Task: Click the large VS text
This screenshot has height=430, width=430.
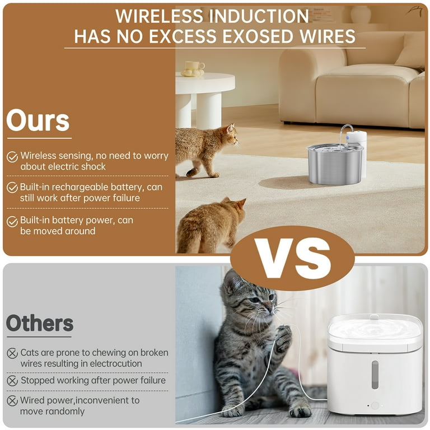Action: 293,259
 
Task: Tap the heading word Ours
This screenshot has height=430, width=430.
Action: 38,120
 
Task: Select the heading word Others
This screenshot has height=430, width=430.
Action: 40,323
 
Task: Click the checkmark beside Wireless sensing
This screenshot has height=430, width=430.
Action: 12,157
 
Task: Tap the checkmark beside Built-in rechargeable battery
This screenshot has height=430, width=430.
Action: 12,188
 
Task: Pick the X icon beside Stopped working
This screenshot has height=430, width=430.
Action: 12,381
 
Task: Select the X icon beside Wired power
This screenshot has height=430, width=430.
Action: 12,401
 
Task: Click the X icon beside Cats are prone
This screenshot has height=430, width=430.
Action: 12,353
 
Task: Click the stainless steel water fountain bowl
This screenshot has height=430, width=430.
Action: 335,165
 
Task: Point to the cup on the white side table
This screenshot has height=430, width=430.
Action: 195,66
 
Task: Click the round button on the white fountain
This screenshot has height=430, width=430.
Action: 375,405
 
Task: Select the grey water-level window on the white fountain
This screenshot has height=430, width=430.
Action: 375,375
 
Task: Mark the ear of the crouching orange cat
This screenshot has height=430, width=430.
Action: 241,203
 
